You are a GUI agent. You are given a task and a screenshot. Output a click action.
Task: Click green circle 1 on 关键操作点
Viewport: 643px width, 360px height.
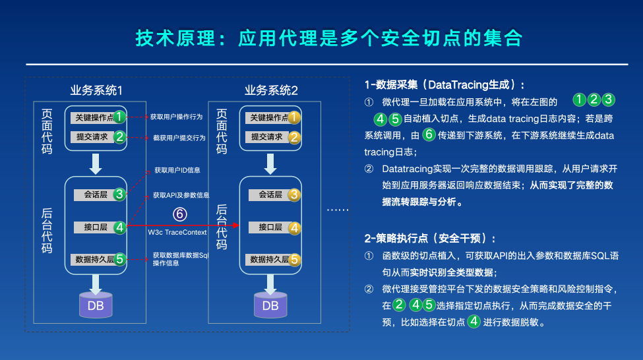coord(119,117)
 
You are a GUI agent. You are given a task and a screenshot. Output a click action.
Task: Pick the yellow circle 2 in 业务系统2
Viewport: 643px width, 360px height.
coord(295,138)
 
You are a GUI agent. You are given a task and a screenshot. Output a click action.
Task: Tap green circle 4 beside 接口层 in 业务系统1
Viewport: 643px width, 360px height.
coord(119,227)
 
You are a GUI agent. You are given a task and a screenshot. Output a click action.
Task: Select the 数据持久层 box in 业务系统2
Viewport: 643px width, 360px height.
coord(266,259)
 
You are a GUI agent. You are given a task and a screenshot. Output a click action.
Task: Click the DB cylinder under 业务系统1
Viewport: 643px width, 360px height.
coord(96,305)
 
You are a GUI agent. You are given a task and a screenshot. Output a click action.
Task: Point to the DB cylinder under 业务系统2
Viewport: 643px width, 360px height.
coord(270,305)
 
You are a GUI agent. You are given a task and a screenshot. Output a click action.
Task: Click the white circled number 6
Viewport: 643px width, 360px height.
coord(180,214)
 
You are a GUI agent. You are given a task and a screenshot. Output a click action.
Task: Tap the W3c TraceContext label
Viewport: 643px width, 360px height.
coord(177,232)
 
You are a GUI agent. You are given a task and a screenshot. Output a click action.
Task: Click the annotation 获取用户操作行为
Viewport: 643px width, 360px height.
coord(176,116)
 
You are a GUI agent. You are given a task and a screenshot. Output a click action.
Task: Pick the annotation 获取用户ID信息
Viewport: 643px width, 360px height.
coord(177,170)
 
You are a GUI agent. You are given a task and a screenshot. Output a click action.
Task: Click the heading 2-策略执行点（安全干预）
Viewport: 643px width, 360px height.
coord(429,238)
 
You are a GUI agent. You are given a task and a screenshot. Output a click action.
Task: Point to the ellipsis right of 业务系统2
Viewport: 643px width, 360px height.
coord(338,210)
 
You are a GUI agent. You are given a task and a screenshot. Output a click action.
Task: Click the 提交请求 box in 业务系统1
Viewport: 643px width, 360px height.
coord(92,137)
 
